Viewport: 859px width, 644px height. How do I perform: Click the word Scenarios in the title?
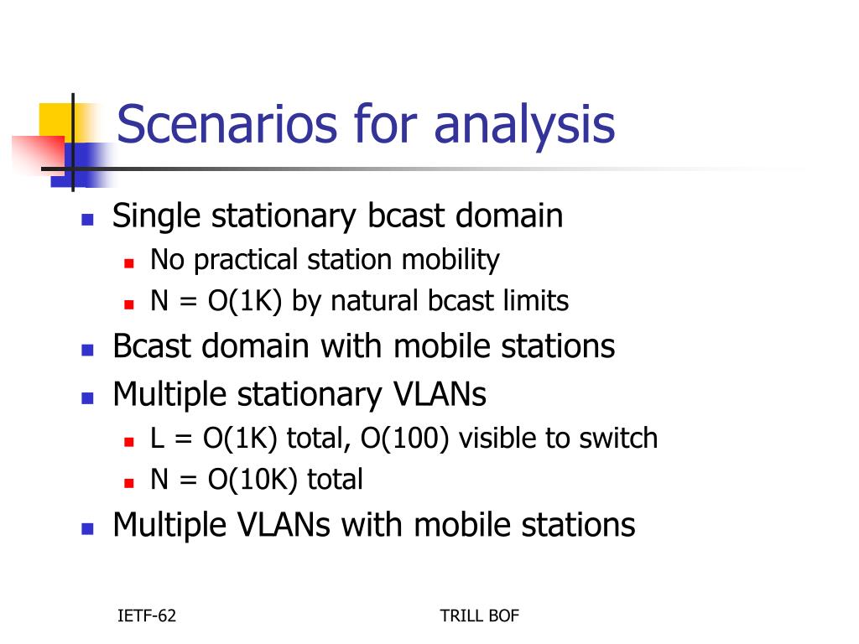coord(226,124)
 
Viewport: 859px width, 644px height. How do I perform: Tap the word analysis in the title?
coord(524,127)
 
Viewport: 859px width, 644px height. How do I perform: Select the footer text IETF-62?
coord(147,615)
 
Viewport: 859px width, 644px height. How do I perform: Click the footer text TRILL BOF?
coord(479,615)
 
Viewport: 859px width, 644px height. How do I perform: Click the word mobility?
coord(450,260)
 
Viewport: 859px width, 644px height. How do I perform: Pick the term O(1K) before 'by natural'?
coord(244,301)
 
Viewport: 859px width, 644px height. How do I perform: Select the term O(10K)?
coord(252,480)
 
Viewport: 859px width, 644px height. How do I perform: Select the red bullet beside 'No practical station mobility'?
coord(129,263)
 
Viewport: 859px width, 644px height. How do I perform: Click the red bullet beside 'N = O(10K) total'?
coord(129,483)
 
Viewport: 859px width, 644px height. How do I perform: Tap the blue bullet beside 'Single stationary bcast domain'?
coord(87,220)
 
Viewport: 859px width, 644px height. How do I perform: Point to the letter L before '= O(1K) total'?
coord(157,438)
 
